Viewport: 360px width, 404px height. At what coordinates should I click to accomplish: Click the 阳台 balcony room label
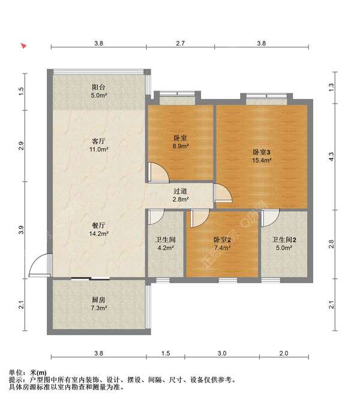(98, 87)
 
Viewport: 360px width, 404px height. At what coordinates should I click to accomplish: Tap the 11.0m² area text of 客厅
(98, 149)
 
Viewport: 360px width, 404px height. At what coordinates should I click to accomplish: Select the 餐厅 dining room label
(98, 225)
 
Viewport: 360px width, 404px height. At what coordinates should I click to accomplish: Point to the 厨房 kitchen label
(98, 300)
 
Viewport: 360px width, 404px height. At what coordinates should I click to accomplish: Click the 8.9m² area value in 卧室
(181, 146)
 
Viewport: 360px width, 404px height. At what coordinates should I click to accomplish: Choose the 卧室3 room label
(262, 152)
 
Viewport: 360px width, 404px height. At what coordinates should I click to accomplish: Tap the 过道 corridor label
(180, 191)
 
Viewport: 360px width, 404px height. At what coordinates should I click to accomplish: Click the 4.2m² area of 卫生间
(166, 248)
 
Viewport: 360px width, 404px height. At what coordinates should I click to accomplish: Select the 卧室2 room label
(222, 240)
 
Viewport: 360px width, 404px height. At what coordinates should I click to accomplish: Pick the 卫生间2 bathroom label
(284, 240)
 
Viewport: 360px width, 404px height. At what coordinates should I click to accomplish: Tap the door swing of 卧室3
(223, 192)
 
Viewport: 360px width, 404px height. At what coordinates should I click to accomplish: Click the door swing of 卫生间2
(270, 219)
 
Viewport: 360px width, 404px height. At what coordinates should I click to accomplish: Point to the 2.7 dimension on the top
(180, 43)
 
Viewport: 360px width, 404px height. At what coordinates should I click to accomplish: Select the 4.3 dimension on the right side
(331, 156)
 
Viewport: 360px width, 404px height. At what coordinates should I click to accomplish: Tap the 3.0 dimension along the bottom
(222, 353)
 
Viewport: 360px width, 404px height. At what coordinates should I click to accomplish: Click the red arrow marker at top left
(24, 46)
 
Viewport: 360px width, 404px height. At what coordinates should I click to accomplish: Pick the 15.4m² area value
(262, 160)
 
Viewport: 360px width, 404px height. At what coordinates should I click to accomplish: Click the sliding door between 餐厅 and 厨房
(91, 278)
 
